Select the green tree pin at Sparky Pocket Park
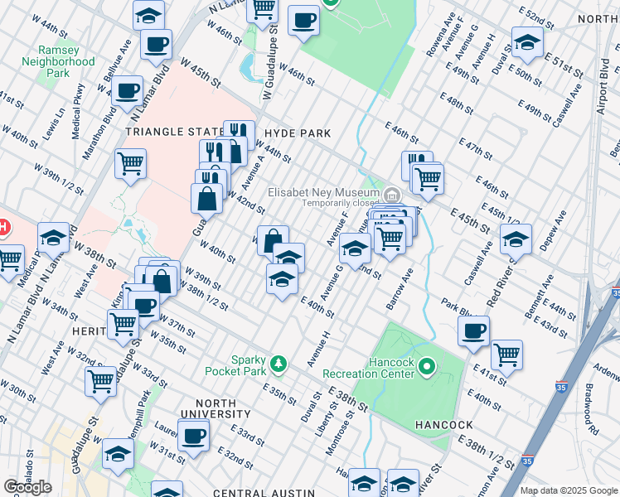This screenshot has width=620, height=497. (280, 363)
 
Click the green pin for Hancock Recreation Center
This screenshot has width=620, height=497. (427, 365)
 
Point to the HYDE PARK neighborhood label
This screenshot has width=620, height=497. (298, 133)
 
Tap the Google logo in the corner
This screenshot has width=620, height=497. (27, 487)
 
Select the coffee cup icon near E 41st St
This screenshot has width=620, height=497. (474, 331)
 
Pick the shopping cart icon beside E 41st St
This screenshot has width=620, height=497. (506, 355)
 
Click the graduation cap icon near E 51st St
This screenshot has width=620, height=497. (527, 42)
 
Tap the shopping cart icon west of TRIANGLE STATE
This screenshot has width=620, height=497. (130, 163)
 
